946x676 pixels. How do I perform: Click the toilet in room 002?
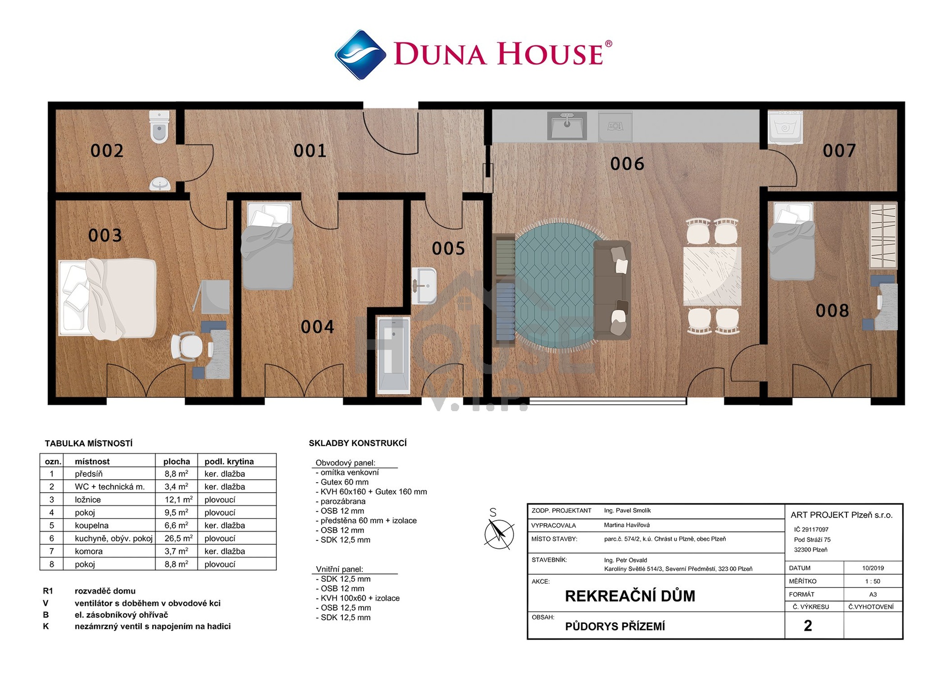[159, 127]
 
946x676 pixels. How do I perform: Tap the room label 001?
[310, 150]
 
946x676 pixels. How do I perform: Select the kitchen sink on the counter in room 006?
[567, 126]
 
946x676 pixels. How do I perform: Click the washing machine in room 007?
[785, 127]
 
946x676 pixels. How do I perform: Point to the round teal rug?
[558, 286]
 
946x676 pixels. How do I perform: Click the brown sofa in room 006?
[612, 290]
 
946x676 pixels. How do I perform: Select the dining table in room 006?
[712, 276]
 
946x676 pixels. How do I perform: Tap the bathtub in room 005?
[393, 355]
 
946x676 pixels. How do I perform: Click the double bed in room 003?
[107, 299]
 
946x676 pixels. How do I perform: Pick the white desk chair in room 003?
[187, 347]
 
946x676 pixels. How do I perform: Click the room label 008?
[832, 311]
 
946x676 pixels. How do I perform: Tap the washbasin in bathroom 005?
[424, 285]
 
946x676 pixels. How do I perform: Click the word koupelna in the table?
[92, 525]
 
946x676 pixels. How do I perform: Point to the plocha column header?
[176, 462]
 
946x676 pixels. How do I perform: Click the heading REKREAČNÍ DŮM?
[630, 596]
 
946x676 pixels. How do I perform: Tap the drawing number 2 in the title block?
[808, 625]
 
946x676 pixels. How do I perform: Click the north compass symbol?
[499, 533]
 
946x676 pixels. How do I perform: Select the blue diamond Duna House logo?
[360, 54]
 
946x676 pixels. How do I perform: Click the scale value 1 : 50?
[873, 581]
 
